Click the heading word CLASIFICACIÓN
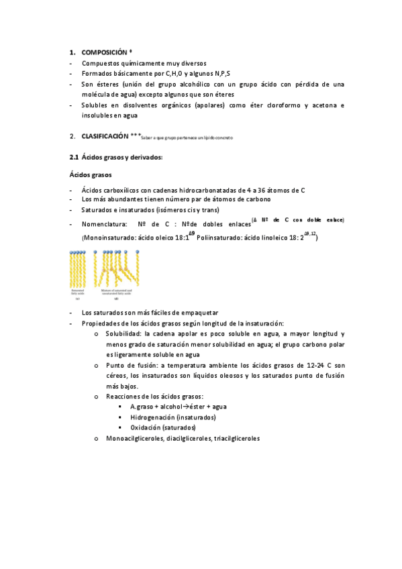[105, 136]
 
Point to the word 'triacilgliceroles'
[236, 438]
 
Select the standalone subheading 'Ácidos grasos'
[91, 174]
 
